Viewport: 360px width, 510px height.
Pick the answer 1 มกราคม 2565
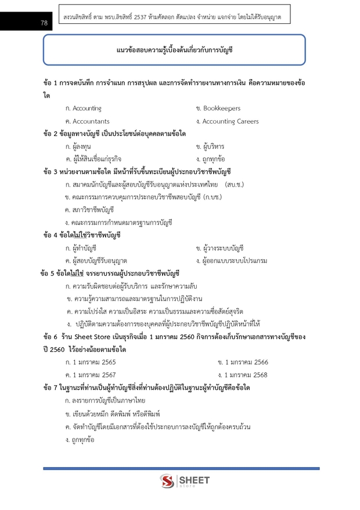(94, 362)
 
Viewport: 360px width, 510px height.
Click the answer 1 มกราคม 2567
(94, 375)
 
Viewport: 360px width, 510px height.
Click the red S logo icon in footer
(167, 482)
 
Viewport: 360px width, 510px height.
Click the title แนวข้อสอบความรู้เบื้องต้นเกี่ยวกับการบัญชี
(174, 50)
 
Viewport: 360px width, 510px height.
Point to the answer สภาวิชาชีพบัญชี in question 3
(92, 210)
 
